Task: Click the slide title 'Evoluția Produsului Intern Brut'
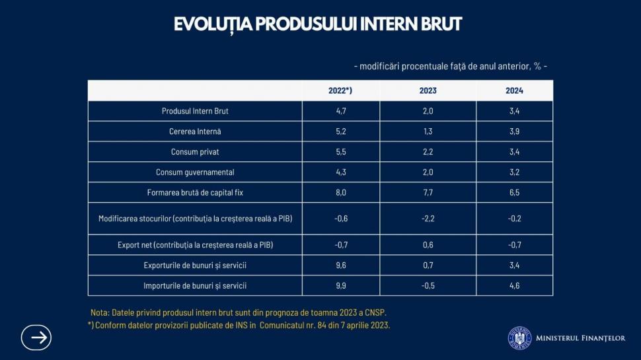coord(318,24)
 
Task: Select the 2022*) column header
coord(340,90)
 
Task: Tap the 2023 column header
coord(428,90)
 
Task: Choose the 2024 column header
coord(514,90)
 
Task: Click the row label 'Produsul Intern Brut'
coord(195,111)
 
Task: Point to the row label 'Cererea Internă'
coord(195,131)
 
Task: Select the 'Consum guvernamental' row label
coord(195,172)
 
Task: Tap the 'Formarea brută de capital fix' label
coord(195,193)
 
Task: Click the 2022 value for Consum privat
coord(341,152)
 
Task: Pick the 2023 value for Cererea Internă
coord(428,131)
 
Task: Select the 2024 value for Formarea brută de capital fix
coord(514,193)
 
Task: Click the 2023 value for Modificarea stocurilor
coord(428,219)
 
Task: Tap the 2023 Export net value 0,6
coord(428,245)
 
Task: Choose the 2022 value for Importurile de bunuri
coord(341,286)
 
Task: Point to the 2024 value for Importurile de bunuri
coord(514,286)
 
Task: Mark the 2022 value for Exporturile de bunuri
coord(341,266)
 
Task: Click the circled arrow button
coord(36,338)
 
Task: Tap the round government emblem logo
coord(519,338)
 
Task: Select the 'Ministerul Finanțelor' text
coord(580,338)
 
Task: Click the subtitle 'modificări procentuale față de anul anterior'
coord(450,66)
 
